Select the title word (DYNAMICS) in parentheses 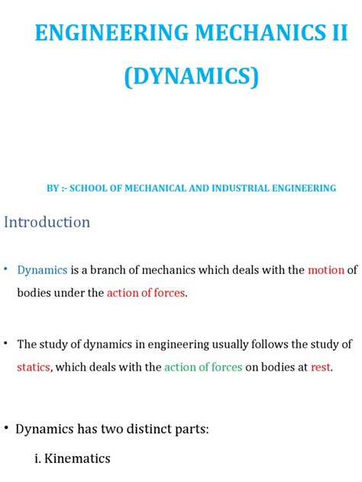pyautogui.click(x=180, y=77)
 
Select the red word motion pyautogui.click(x=326, y=270)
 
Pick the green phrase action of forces pyautogui.click(x=203, y=367)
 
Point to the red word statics pyautogui.click(x=34, y=367)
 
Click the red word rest pyautogui.click(x=321, y=367)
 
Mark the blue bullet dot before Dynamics pyautogui.click(x=6, y=269)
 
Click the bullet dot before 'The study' pyautogui.click(x=6, y=343)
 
